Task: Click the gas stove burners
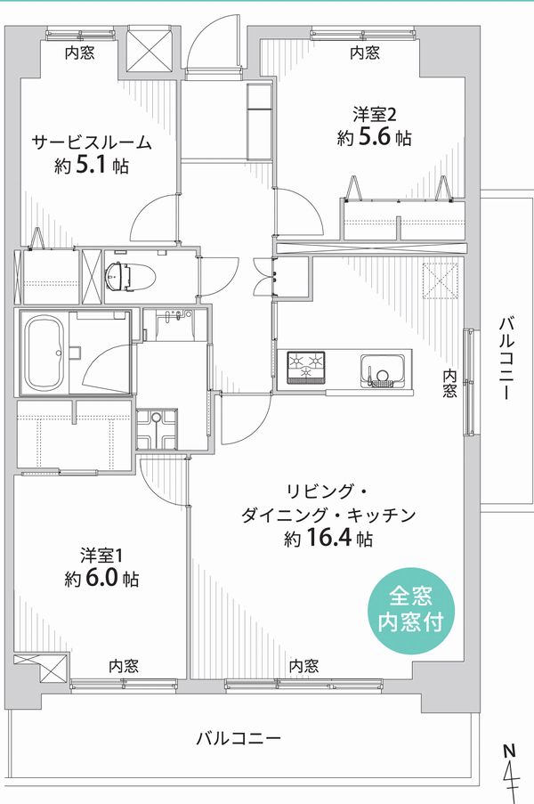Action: pyautogui.click(x=306, y=367)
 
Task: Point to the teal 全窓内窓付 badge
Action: pyautogui.click(x=411, y=610)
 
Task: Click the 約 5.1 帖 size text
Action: pyautogui.click(x=93, y=166)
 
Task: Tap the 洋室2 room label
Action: pyautogui.click(x=375, y=114)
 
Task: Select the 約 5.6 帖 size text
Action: pyautogui.click(x=374, y=137)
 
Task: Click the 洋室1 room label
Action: pyautogui.click(x=101, y=556)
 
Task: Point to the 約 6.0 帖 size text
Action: pyautogui.click(x=101, y=579)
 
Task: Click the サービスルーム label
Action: pyautogui.click(x=93, y=142)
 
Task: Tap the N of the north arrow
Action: pyautogui.click(x=508, y=751)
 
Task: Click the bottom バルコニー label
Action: pyautogui.click(x=239, y=738)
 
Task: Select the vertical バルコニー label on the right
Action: pyautogui.click(x=506, y=359)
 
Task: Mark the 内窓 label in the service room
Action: pyautogui.click(x=79, y=53)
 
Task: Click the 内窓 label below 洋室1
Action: pyautogui.click(x=124, y=666)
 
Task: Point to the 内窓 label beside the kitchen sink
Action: pyautogui.click(x=449, y=384)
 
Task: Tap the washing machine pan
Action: pyautogui.click(x=157, y=429)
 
